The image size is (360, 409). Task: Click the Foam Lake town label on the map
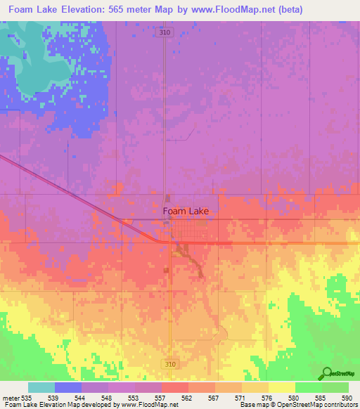(x=186, y=210)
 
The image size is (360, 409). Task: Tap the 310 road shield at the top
(x=165, y=32)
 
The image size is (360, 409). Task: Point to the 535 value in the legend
(x=27, y=398)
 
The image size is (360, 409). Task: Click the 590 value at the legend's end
(x=346, y=398)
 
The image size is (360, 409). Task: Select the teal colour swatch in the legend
(x=41, y=387)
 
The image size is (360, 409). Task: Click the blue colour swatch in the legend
(x=68, y=387)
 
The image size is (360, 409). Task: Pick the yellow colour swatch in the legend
(x=281, y=387)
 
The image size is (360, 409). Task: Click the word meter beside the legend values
(x=11, y=398)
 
